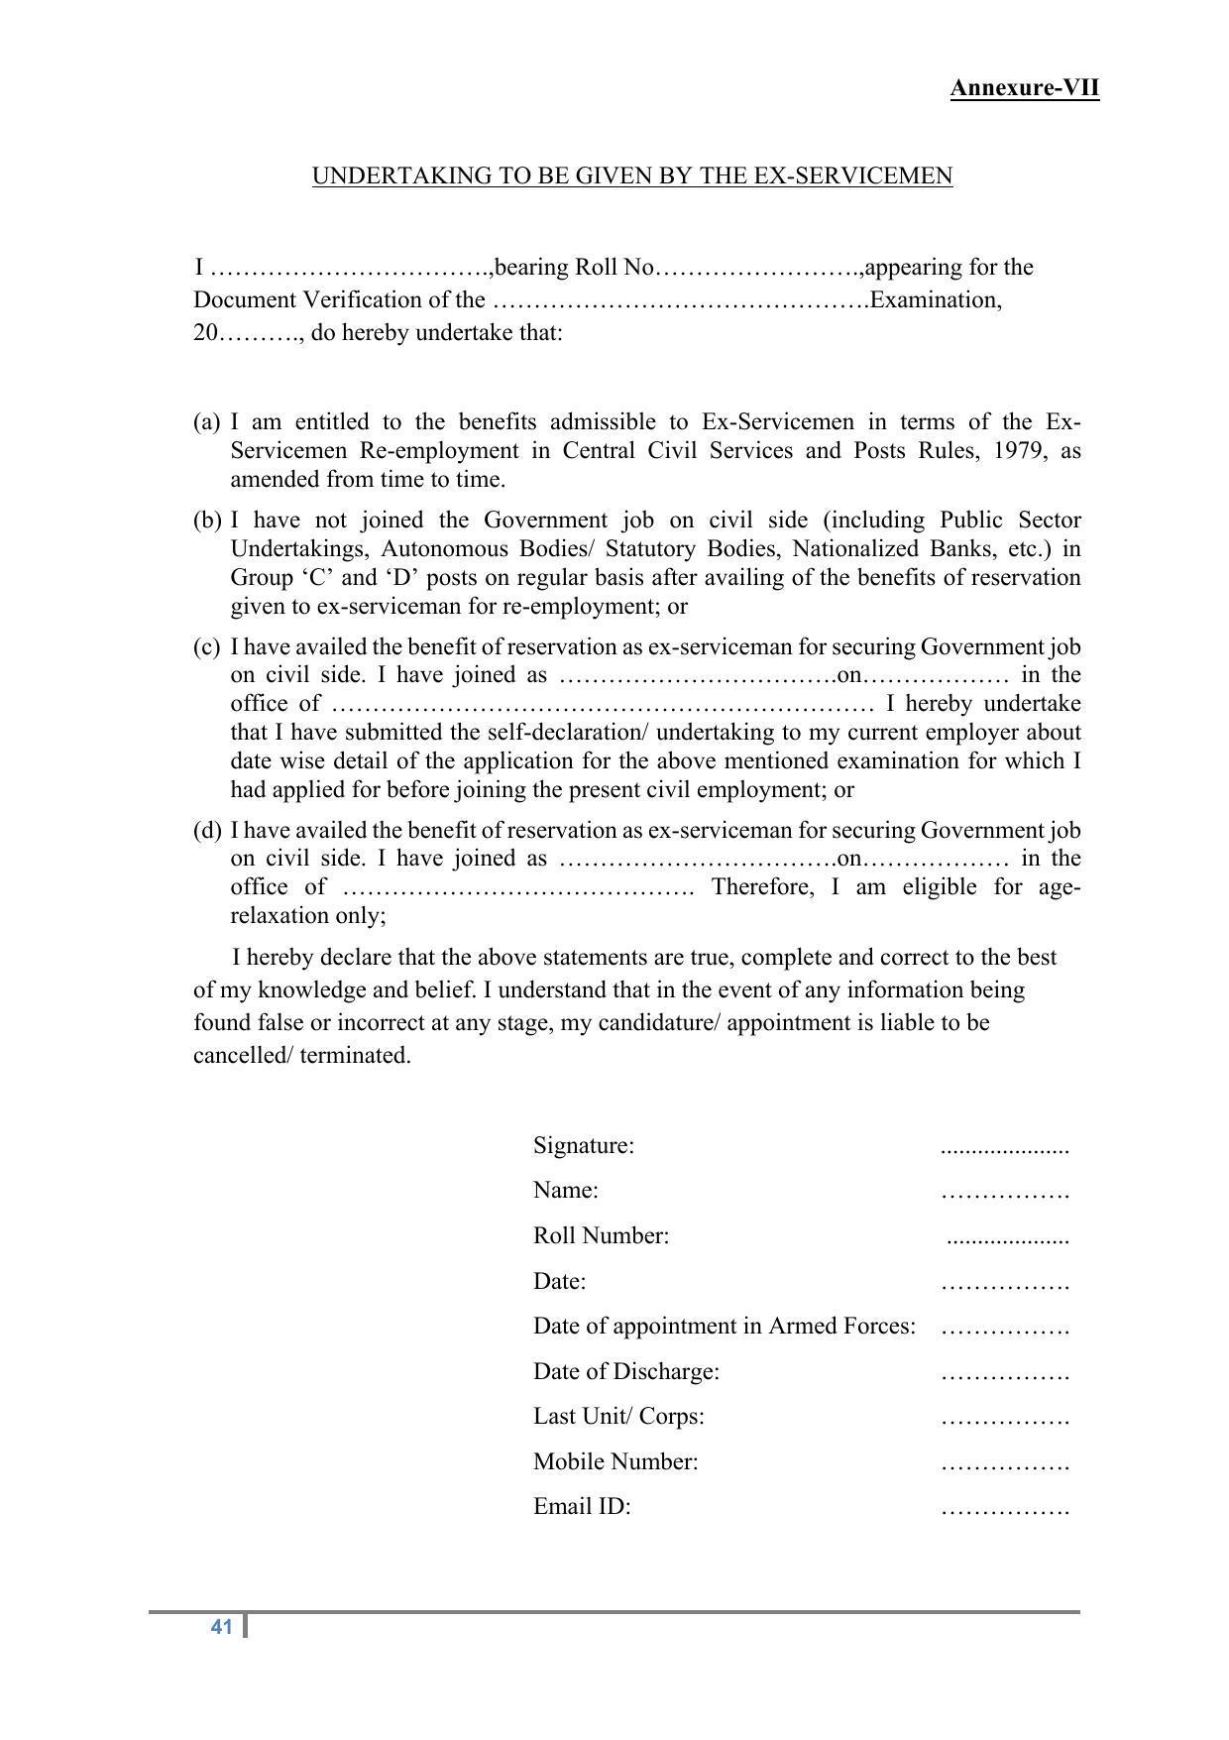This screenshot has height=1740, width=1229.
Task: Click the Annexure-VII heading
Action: [1024, 88]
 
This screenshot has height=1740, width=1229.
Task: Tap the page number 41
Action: [221, 1626]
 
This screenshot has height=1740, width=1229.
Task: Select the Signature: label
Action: [583, 1146]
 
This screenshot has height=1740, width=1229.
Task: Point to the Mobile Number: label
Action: [615, 1461]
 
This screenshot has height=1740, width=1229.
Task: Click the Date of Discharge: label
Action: [625, 1371]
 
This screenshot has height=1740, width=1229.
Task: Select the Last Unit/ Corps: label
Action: [618, 1416]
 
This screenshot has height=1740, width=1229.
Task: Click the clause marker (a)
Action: [206, 422]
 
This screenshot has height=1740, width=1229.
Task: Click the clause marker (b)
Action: [206, 521]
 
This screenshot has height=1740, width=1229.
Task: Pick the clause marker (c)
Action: [206, 647]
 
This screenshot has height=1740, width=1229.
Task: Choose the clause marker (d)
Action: [206, 830]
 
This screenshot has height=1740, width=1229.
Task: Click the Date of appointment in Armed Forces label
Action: [724, 1326]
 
